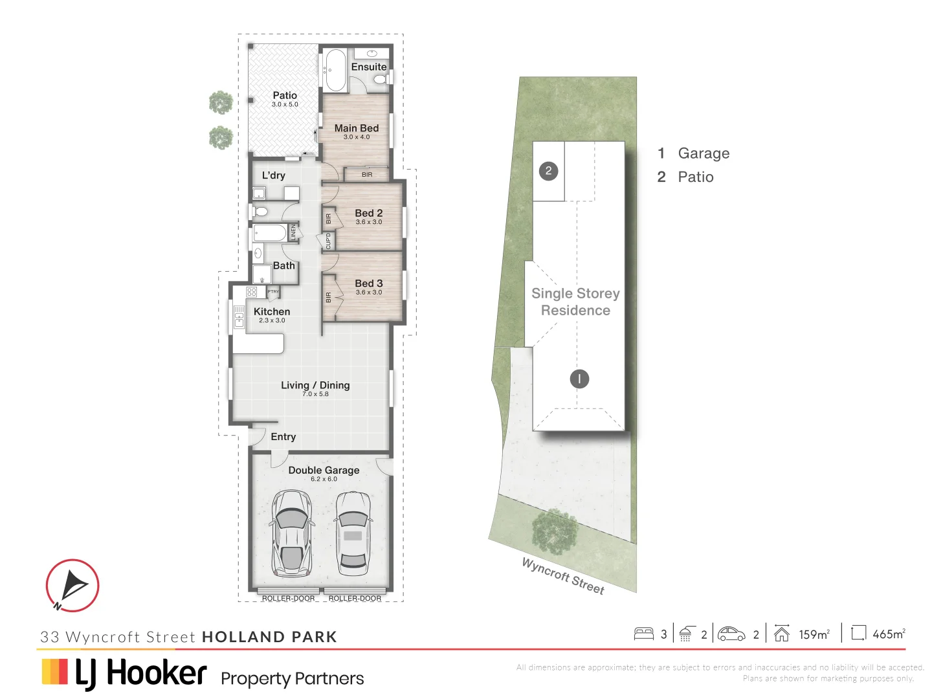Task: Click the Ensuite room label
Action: click(369, 67)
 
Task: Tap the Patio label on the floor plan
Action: click(285, 96)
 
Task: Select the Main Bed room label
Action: click(357, 128)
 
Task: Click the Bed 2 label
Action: click(369, 213)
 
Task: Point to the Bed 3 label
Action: click(369, 283)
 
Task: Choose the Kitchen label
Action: click(272, 311)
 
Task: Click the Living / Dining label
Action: click(315, 385)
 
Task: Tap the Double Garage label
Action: click(324, 471)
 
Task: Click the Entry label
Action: click(283, 437)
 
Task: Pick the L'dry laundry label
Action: click(273, 175)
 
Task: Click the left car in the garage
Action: click(291, 532)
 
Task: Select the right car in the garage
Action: click(353, 532)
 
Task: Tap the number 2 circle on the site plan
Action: click(548, 171)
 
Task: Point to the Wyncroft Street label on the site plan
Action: click(563, 576)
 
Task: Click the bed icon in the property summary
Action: click(644, 634)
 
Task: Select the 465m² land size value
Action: click(889, 634)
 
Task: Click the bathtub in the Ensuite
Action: click(335, 70)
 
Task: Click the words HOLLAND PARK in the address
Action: click(269, 637)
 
